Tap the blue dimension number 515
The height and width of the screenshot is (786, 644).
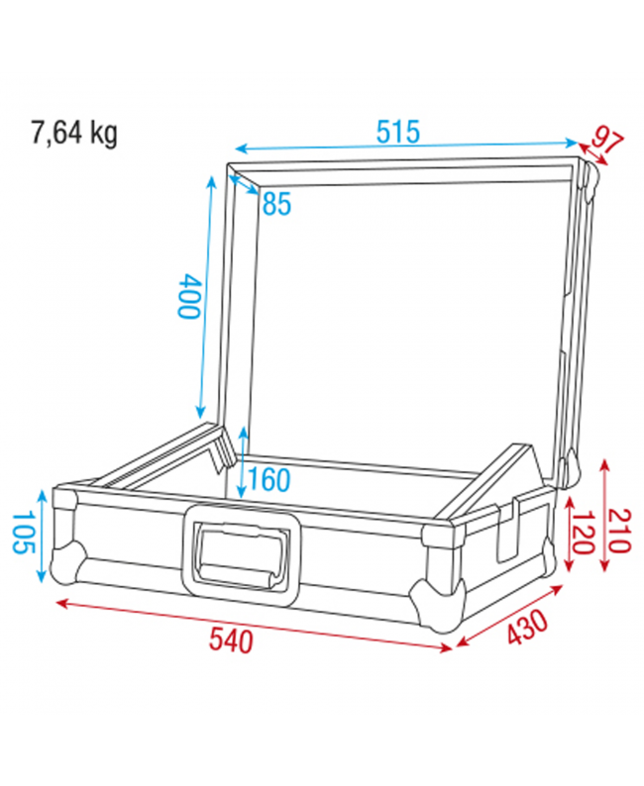click(398, 131)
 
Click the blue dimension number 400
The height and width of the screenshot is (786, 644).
click(188, 296)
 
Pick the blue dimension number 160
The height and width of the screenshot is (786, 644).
click(269, 480)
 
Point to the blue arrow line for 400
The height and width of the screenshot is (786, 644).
click(207, 297)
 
